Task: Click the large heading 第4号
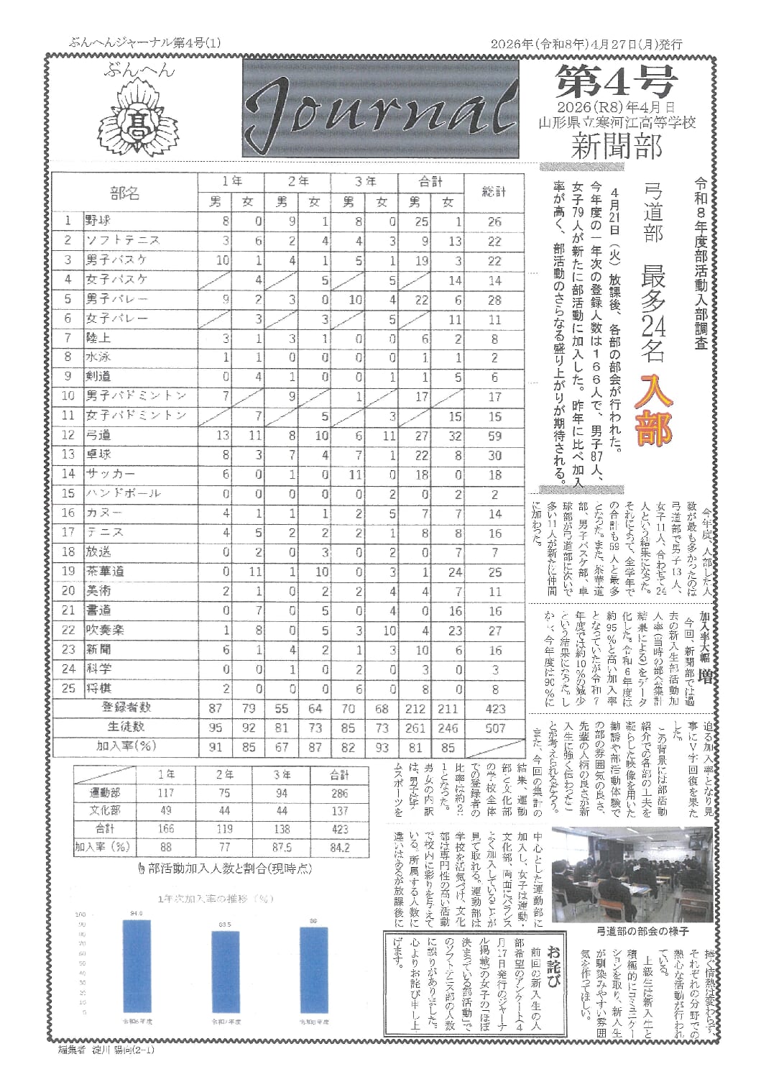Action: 615,82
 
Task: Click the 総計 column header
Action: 494,192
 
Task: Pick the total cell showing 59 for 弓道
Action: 494,435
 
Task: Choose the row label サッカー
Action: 109,474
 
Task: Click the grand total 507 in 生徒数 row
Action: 494,728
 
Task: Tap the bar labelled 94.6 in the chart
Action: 137,966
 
